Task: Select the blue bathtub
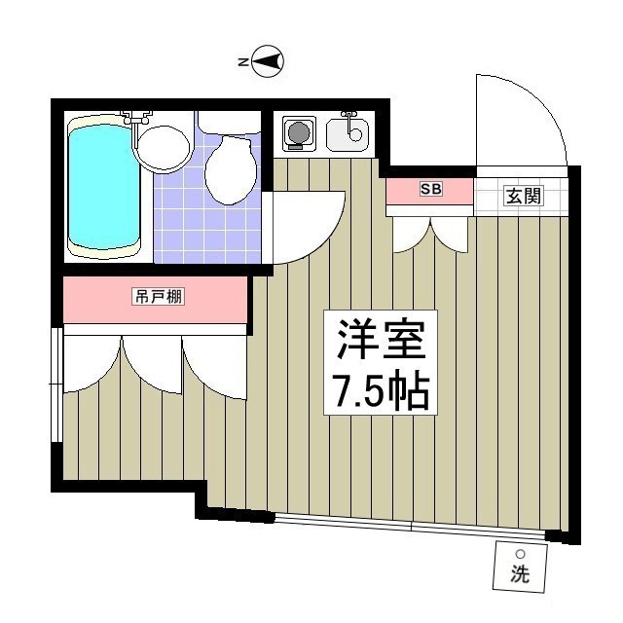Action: (x=103, y=188)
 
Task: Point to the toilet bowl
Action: (x=231, y=167)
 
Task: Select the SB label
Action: (x=430, y=190)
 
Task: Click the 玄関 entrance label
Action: (x=523, y=196)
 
